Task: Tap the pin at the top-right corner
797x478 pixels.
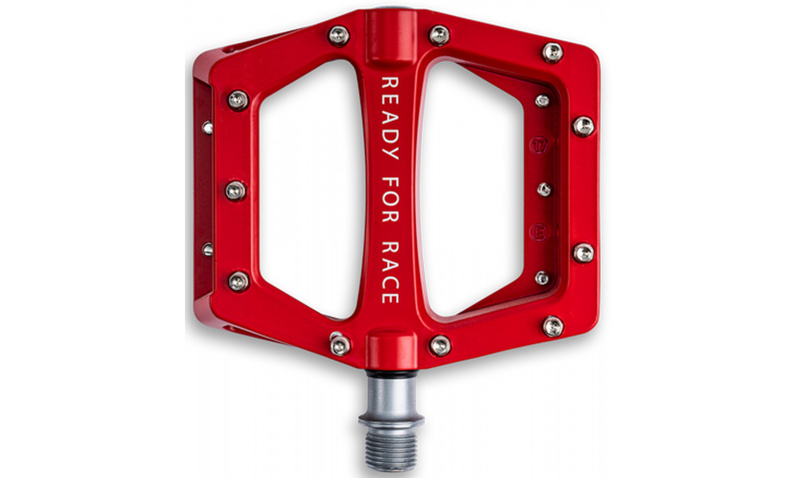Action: (552, 53)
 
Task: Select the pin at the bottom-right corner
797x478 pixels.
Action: (552, 325)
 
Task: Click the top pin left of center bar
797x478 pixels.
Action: (339, 35)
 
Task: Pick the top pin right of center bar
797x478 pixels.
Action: (439, 35)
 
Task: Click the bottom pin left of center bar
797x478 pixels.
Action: (340, 344)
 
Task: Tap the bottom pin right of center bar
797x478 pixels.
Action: (439, 344)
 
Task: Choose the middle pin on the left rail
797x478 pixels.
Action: (236, 190)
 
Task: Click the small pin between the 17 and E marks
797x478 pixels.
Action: (544, 190)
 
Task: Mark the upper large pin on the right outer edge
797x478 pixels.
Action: (583, 126)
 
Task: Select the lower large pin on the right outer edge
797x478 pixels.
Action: (583, 253)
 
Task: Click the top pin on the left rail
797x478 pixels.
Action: (238, 100)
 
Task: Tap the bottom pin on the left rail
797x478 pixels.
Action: (238, 280)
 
